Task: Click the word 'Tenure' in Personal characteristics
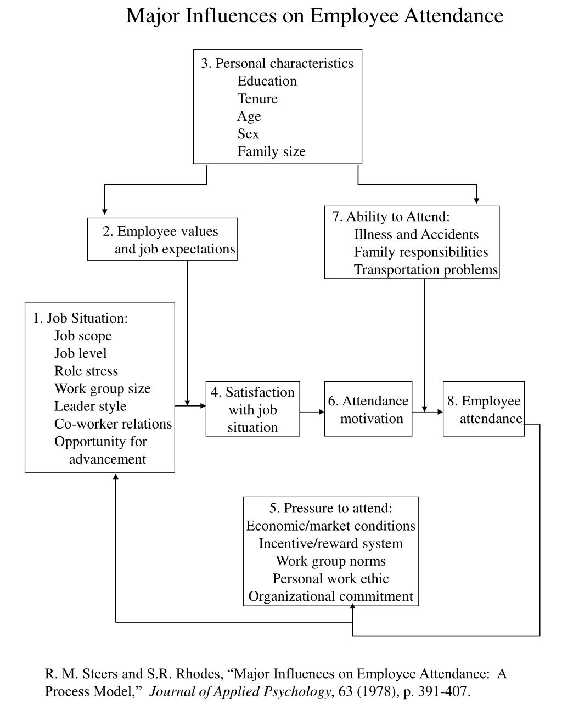pyautogui.click(x=257, y=99)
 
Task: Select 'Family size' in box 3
pyautogui.click(x=271, y=151)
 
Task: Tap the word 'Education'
pyautogui.click(x=267, y=81)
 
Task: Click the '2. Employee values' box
pyautogui.click(x=162, y=240)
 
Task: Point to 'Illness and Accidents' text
pyautogui.click(x=416, y=234)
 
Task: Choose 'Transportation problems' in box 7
pyautogui.click(x=426, y=269)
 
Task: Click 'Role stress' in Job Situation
pyautogui.click(x=86, y=371)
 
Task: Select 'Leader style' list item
pyautogui.click(x=91, y=406)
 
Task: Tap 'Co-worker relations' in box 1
pyautogui.click(x=113, y=424)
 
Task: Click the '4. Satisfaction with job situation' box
pyautogui.click(x=252, y=409)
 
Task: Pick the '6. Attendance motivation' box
pyautogui.click(x=368, y=409)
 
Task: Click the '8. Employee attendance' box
pyautogui.click(x=484, y=409)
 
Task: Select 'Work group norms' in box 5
pyautogui.click(x=331, y=561)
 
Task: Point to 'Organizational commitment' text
pyautogui.click(x=331, y=596)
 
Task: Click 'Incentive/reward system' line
pyautogui.click(x=331, y=543)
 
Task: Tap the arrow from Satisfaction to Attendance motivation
pyautogui.click(x=312, y=412)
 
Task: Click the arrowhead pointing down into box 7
pyautogui.click(x=476, y=201)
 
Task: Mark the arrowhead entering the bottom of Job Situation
pyautogui.click(x=116, y=476)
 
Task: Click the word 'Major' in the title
pyautogui.click(x=153, y=16)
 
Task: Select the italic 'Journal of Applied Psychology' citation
pyautogui.click(x=240, y=691)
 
